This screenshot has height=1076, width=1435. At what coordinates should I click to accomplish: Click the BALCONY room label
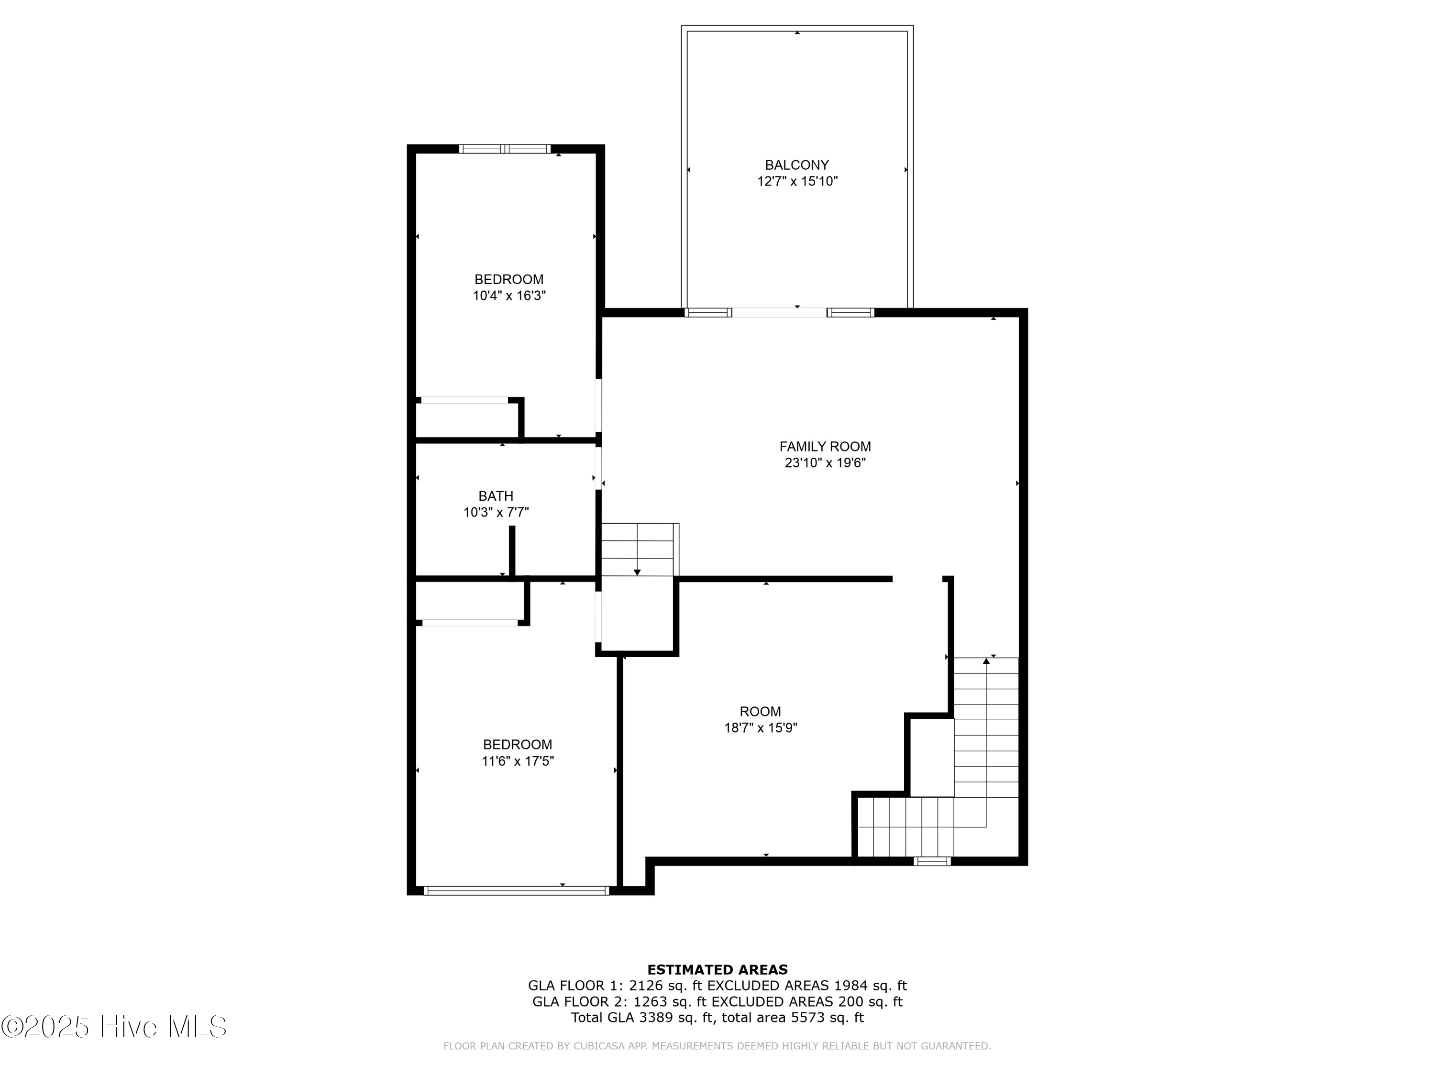(796, 165)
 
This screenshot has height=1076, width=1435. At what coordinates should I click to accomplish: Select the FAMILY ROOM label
(825, 446)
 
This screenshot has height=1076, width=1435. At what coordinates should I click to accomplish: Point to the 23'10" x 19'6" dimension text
(825, 463)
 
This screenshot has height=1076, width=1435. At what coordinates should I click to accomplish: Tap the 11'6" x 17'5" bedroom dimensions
(517, 761)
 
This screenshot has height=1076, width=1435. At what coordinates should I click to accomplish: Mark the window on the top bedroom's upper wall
(505, 149)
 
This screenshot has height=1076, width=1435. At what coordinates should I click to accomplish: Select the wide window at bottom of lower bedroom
(517, 890)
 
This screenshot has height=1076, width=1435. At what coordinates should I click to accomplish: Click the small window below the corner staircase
(932, 861)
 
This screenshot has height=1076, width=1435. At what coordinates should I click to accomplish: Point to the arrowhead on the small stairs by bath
(637, 572)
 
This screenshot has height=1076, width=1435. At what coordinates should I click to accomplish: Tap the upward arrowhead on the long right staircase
(986, 661)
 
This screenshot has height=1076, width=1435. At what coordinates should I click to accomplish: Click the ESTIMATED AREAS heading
(717, 970)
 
